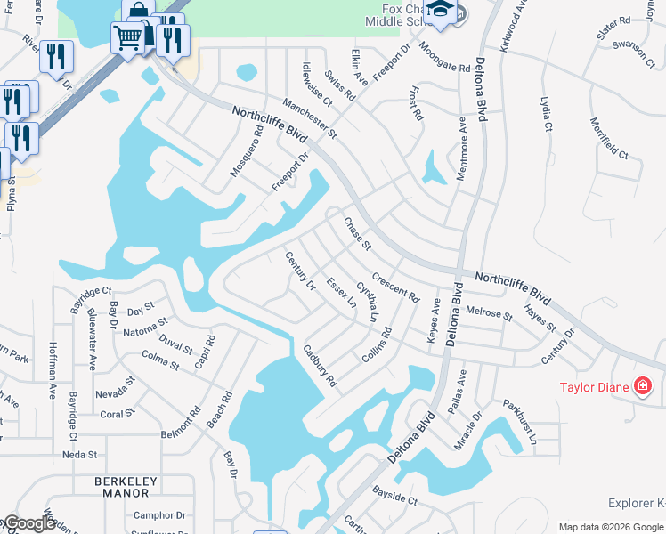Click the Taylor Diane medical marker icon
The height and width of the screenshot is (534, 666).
click(642, 386)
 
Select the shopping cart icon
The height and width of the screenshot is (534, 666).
click(128, 37)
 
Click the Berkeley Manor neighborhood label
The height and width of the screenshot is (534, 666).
click(122, 487)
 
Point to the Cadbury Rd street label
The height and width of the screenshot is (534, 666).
click(320, 366)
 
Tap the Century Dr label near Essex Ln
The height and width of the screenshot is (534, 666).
click(300, 271)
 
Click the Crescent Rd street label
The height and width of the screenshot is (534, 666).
click(395, 287)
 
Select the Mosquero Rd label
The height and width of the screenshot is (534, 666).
click(247, 150)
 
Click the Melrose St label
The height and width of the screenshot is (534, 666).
click(489, 313)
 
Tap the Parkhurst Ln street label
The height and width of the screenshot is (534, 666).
click(520, 420)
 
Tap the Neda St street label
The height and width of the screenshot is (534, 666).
click(79, 455)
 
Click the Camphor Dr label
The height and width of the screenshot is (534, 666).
click(158, 515)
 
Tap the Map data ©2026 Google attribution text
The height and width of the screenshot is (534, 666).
click(611, 527)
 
